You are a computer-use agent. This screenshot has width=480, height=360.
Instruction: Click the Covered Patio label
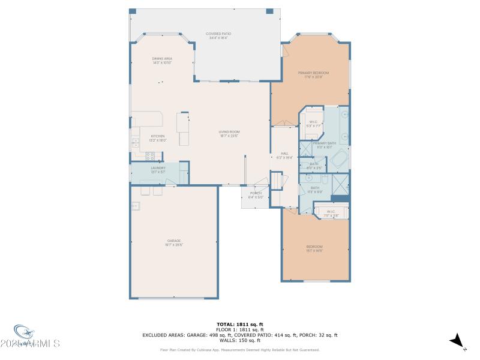(218, 35)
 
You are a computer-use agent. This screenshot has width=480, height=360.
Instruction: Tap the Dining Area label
(162, 60)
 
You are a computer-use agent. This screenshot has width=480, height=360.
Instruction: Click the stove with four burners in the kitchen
(150, 155)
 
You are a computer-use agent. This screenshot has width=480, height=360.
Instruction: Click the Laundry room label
(158, 170)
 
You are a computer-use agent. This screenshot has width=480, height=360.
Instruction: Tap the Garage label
(174, 242)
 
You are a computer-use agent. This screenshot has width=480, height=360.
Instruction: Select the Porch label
(256, 194)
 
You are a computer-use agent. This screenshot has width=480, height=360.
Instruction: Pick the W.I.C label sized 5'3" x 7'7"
(313, 124)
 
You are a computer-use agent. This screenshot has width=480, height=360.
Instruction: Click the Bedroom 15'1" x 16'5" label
(314, 248)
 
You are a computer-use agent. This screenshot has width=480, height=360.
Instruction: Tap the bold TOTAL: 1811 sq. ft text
(239, 325)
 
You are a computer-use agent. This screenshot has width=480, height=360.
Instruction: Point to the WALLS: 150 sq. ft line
(239, 340)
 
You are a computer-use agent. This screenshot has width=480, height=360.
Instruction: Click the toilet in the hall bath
(324, 179)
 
